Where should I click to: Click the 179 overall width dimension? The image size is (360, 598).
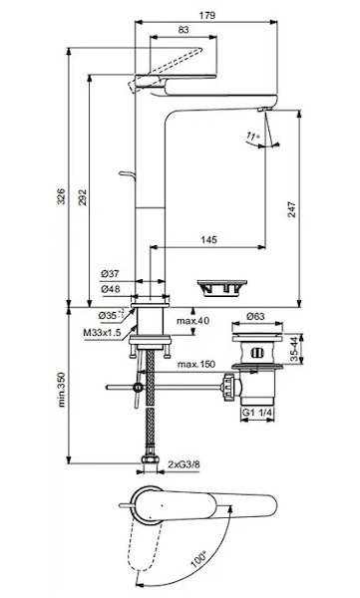point(206,15)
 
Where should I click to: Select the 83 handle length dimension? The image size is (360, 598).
point(183,30)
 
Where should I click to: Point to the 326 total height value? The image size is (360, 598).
point(61,196)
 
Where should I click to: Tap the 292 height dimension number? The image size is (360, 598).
point(83,197)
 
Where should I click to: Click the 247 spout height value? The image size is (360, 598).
point(291,209)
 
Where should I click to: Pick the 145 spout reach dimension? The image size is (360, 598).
point(208,239)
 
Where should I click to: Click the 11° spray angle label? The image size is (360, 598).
point(252,136)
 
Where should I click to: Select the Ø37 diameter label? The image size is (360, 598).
point(110,273)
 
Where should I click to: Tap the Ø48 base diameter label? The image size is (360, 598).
point(111,289)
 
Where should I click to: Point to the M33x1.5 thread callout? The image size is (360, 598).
point(102,333)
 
